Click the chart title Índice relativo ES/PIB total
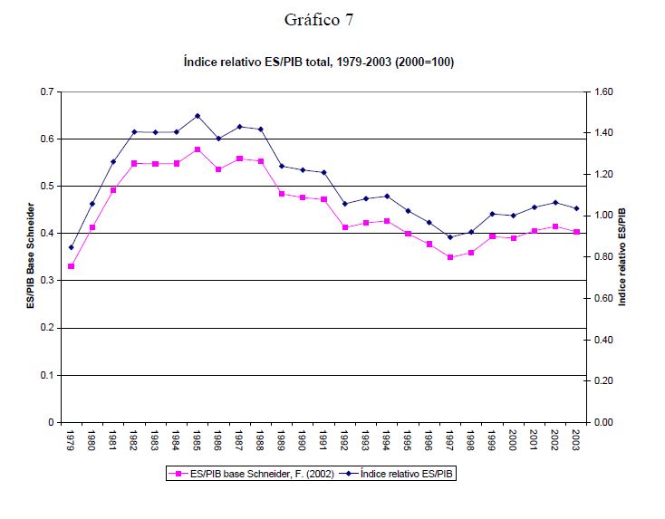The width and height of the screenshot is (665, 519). (318, 63)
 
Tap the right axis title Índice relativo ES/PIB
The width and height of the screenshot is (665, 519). (622, 257)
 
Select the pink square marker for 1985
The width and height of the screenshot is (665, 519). (197, 149)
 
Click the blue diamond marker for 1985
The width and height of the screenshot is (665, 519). (197, 116)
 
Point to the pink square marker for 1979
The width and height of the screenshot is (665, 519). (71, 266)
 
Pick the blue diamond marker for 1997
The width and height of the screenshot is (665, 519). (449, 237)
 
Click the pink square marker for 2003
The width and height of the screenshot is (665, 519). (575, 232)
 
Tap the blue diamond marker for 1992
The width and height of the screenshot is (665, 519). (344, 204)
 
